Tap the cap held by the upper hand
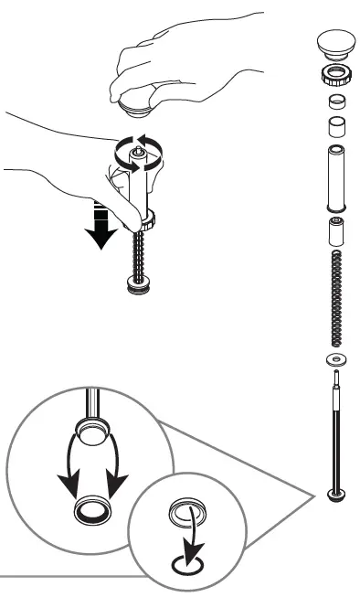138,106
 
